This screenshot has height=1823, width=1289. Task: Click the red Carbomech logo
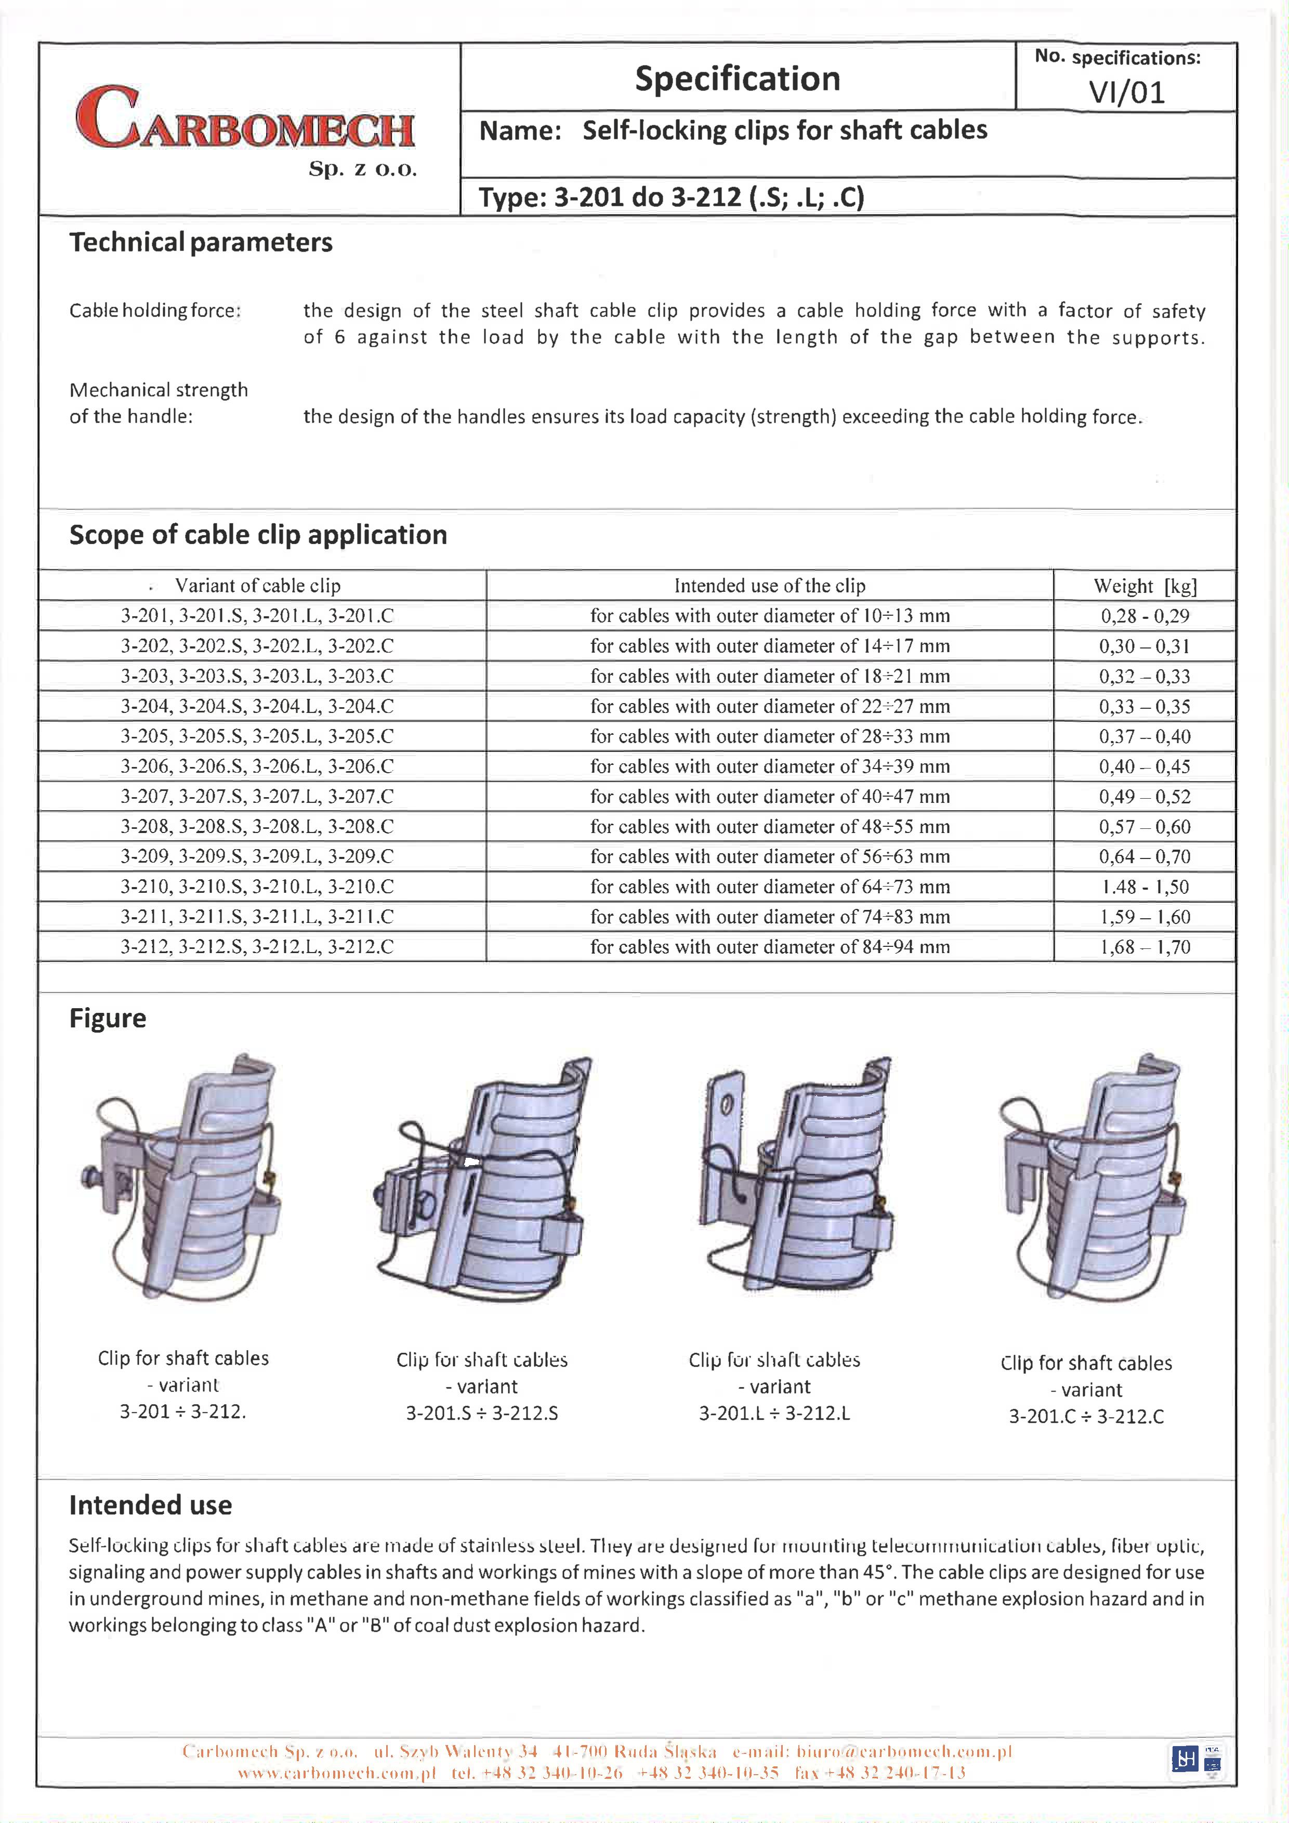point(245,119)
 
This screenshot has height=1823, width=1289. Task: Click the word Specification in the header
point(737,78)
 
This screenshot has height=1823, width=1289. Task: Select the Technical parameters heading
point(201,242)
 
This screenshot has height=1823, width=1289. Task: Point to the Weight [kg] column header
point(1145,586)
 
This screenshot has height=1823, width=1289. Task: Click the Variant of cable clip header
point(257,586)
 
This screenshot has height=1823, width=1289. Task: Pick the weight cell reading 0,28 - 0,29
point(1145,616)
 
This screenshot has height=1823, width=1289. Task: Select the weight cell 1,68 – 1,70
point(1145,947)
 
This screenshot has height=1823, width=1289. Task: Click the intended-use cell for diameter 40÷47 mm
point(770,796)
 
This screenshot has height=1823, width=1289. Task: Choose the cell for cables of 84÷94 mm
point(770,947)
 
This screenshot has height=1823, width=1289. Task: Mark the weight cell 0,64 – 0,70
point(1145,857)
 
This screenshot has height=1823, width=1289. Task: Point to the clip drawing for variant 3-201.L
point(794,1175)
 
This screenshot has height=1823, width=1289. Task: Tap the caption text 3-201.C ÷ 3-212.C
point(1086,1417)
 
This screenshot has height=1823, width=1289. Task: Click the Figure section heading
point(108,1019)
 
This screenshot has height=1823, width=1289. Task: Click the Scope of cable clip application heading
point(258,535)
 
